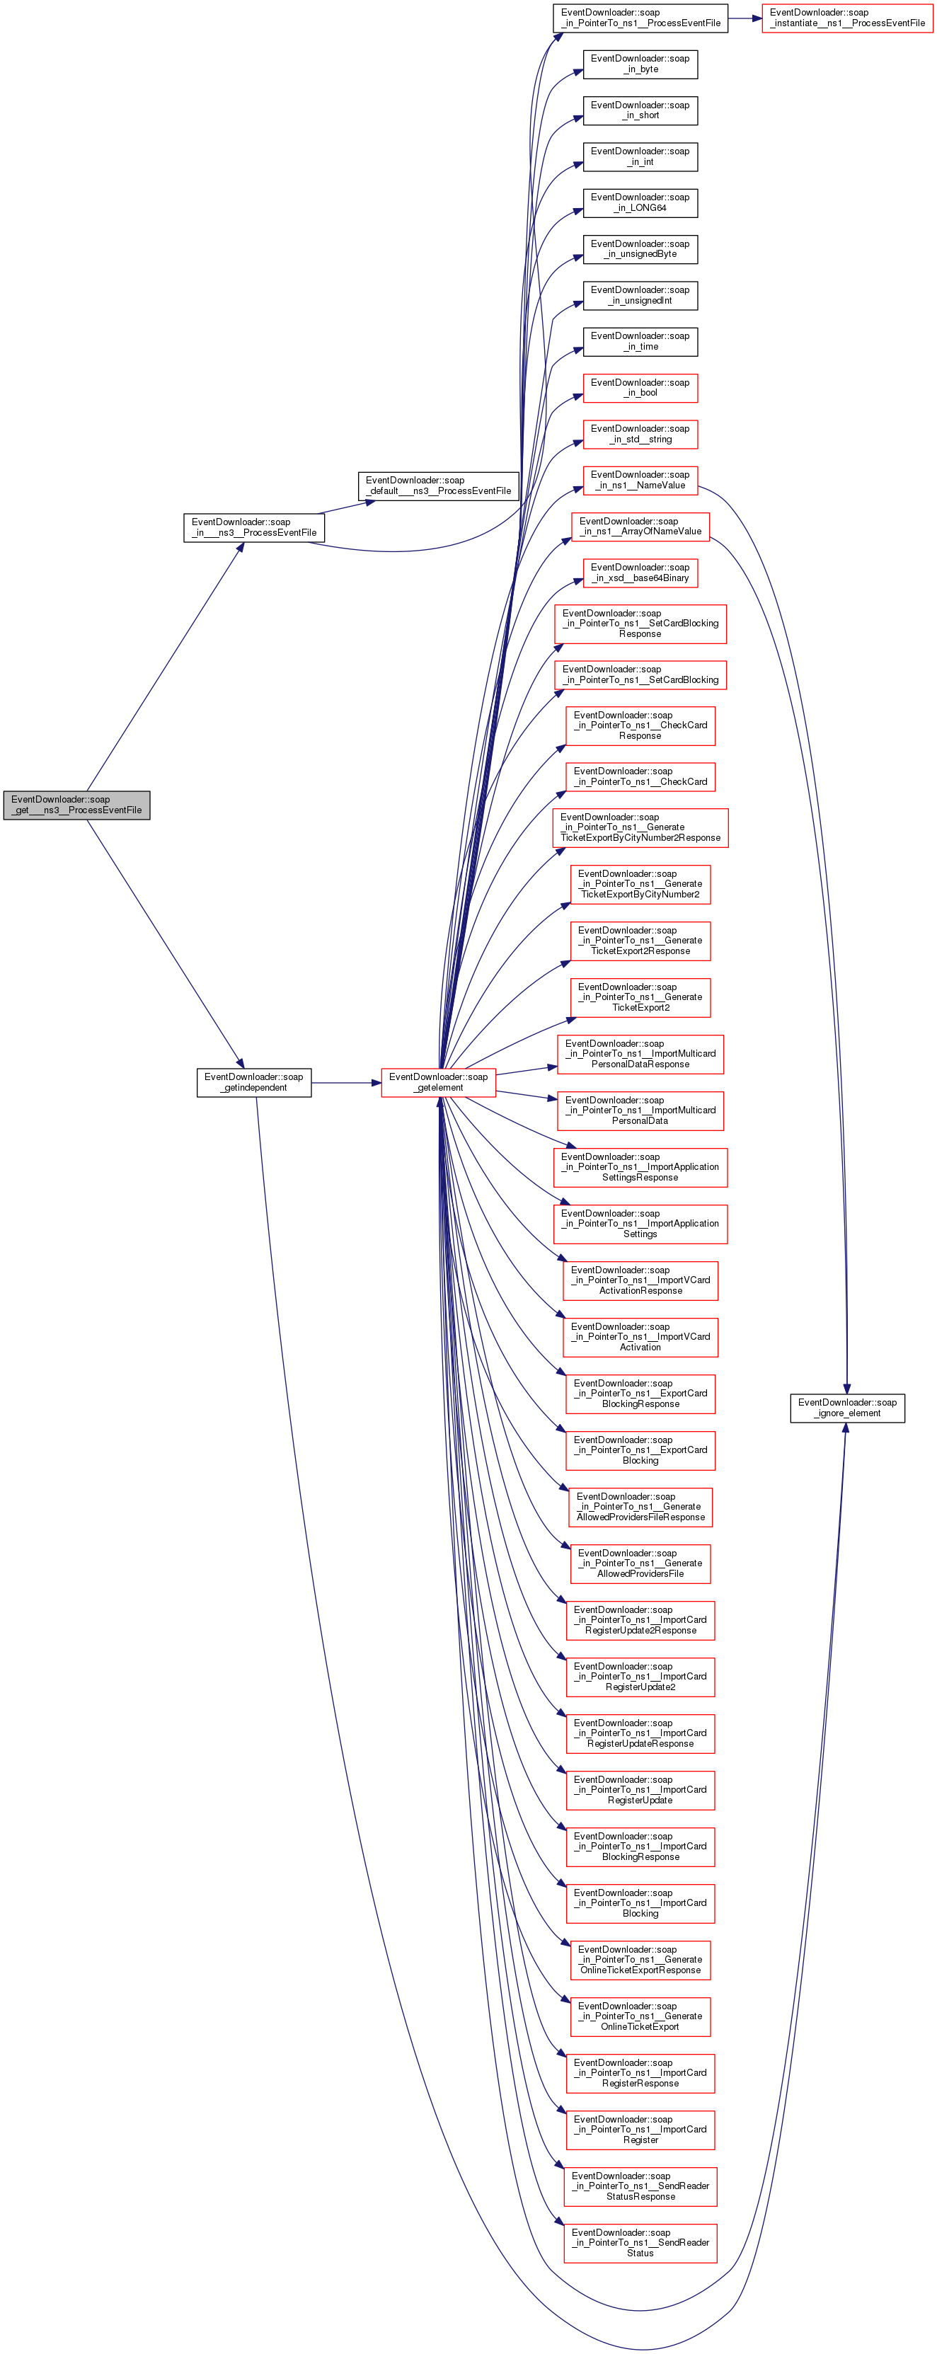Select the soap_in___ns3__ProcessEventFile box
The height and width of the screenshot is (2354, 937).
[253, 527]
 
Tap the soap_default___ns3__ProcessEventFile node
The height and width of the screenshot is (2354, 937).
[438, 486]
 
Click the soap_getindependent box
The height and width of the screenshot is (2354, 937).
[253, 1082]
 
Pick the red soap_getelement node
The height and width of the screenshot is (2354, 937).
[438, 1082]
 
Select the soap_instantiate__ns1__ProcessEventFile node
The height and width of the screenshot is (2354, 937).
[846, 18]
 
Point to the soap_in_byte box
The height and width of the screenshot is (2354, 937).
[640, 64]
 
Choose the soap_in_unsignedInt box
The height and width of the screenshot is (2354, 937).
[640, 295]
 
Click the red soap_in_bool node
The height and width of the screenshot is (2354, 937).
[640, 387]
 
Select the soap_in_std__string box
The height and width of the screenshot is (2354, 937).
[640, 434]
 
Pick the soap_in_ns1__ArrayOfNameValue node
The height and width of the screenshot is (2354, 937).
[640, 527]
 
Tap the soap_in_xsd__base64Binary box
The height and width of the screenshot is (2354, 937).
[640, 573]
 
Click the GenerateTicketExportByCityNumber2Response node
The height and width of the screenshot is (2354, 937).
[640, 827]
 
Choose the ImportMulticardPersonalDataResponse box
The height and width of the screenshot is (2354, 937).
[640, 1054]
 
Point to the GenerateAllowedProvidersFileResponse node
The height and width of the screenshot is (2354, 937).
[640, 1507]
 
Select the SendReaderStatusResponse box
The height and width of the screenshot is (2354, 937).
[640, 2186]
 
